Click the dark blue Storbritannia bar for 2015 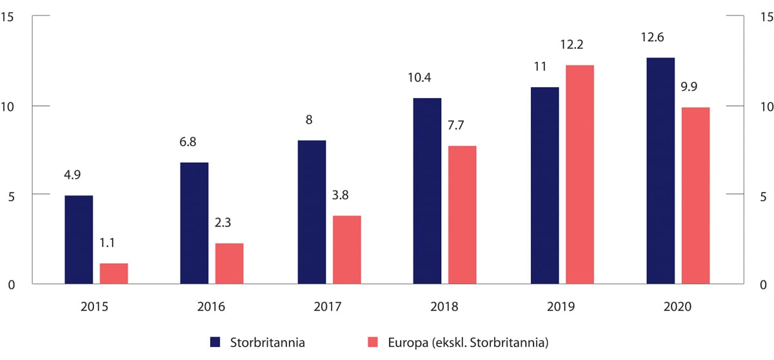click(79, 239)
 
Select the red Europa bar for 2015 click(114, 274)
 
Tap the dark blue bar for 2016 click(195, 223)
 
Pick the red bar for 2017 click(346, 250)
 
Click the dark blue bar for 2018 click(427, 191)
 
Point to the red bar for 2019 click(580, 174)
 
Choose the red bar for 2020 click(695, 195)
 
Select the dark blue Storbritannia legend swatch click(215, 341)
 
